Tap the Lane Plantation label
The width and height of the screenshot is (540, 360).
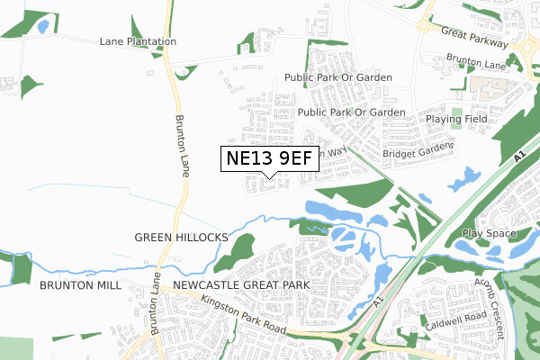click(x=138, y=41)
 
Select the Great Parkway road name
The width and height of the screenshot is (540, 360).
click(x=475, y=38)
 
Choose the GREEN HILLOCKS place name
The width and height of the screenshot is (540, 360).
click(x=182, y=237)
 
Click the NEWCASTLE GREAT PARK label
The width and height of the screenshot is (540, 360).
click(x=241, y=284)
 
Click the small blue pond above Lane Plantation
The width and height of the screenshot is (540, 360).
click(x=42, y=26)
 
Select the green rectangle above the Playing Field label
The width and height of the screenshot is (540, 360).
click(x=456, y=115)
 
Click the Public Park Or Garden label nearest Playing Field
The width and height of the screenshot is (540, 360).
click(x=352, y=112)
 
